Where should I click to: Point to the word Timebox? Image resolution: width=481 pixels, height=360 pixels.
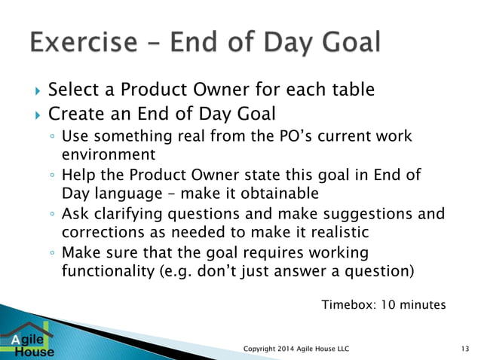pos(349,305)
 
